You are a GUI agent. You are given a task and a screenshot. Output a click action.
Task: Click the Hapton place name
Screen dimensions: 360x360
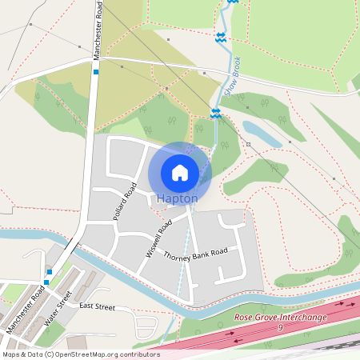[x=178, y=198]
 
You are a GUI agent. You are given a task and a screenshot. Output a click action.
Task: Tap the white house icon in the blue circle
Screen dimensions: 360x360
[x=180, y=172]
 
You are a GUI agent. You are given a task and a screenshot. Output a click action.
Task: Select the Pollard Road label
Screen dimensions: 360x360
[x=124, y=202]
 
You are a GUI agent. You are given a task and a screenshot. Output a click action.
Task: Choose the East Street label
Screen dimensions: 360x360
[x=97, y=306]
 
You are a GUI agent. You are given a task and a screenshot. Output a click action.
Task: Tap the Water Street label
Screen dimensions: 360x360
[x=59, y=307]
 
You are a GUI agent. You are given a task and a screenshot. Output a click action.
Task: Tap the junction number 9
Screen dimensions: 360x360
[x=281, y=327]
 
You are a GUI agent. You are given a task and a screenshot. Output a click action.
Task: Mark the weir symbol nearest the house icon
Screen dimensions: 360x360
[x=215, y=114]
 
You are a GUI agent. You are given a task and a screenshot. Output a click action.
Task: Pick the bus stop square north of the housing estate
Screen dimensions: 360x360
[x=95, y=72]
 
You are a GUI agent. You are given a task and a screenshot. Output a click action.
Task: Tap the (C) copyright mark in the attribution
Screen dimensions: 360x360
[x=50, y=354]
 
